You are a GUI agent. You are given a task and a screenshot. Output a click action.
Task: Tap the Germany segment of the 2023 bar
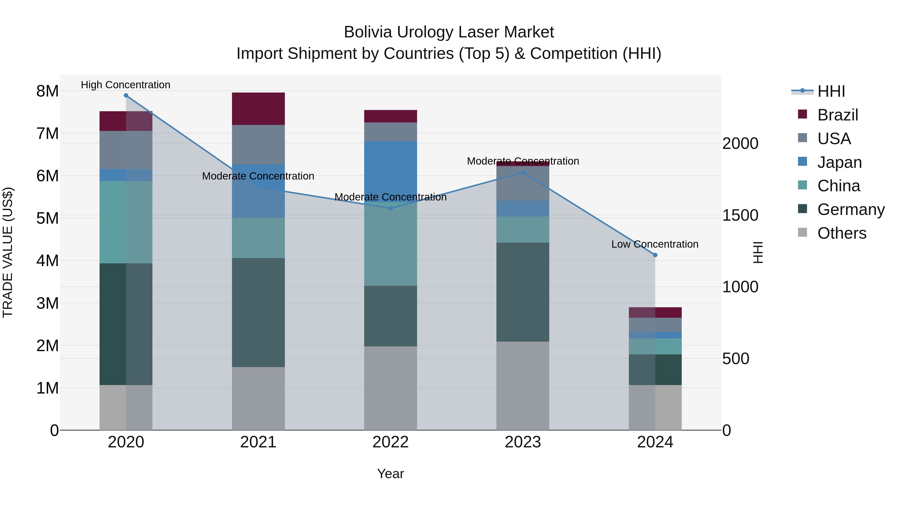click(x=523, y=292)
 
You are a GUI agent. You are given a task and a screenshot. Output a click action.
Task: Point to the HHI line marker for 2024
click(x=655, y=255)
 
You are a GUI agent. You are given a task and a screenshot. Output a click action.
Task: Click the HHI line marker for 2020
click(x=126, y=96)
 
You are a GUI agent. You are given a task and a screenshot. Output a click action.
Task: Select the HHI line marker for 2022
click(x=390, y=208)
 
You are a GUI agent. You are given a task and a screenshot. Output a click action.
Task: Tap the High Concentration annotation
click(x=125, y=85)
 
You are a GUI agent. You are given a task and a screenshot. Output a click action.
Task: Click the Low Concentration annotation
click(x=655, y=244)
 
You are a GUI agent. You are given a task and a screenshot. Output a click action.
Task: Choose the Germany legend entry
click(x=851, y=209)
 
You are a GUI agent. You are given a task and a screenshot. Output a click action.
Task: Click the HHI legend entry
click(x=831, y=91)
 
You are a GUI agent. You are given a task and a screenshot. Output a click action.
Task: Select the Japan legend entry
click(x=839, y=162)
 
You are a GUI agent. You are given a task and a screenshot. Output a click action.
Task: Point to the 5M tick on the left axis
click(x=47, y=218)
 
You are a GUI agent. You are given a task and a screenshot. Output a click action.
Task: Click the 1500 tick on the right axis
click(x=740, y=215)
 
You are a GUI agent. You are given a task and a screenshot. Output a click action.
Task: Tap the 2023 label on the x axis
click(x=523, y=442)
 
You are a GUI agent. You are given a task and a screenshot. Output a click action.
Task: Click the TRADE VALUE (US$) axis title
click(x=8, y=252)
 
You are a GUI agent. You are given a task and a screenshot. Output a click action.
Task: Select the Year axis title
click(x=390, y=474)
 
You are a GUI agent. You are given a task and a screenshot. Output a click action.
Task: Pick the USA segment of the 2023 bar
click(x=523, y=183)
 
